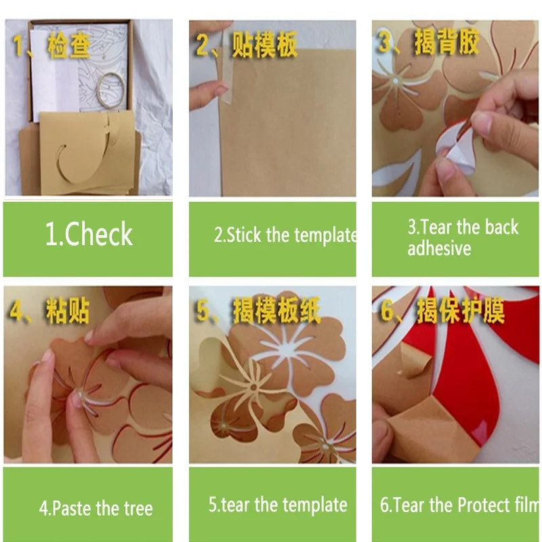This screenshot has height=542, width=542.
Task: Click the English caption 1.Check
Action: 89,234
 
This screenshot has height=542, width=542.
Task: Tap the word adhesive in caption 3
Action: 438,249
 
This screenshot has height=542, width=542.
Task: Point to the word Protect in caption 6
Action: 484,505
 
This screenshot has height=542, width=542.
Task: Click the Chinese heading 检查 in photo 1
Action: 68,47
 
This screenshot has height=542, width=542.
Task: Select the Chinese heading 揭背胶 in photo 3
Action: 447,43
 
